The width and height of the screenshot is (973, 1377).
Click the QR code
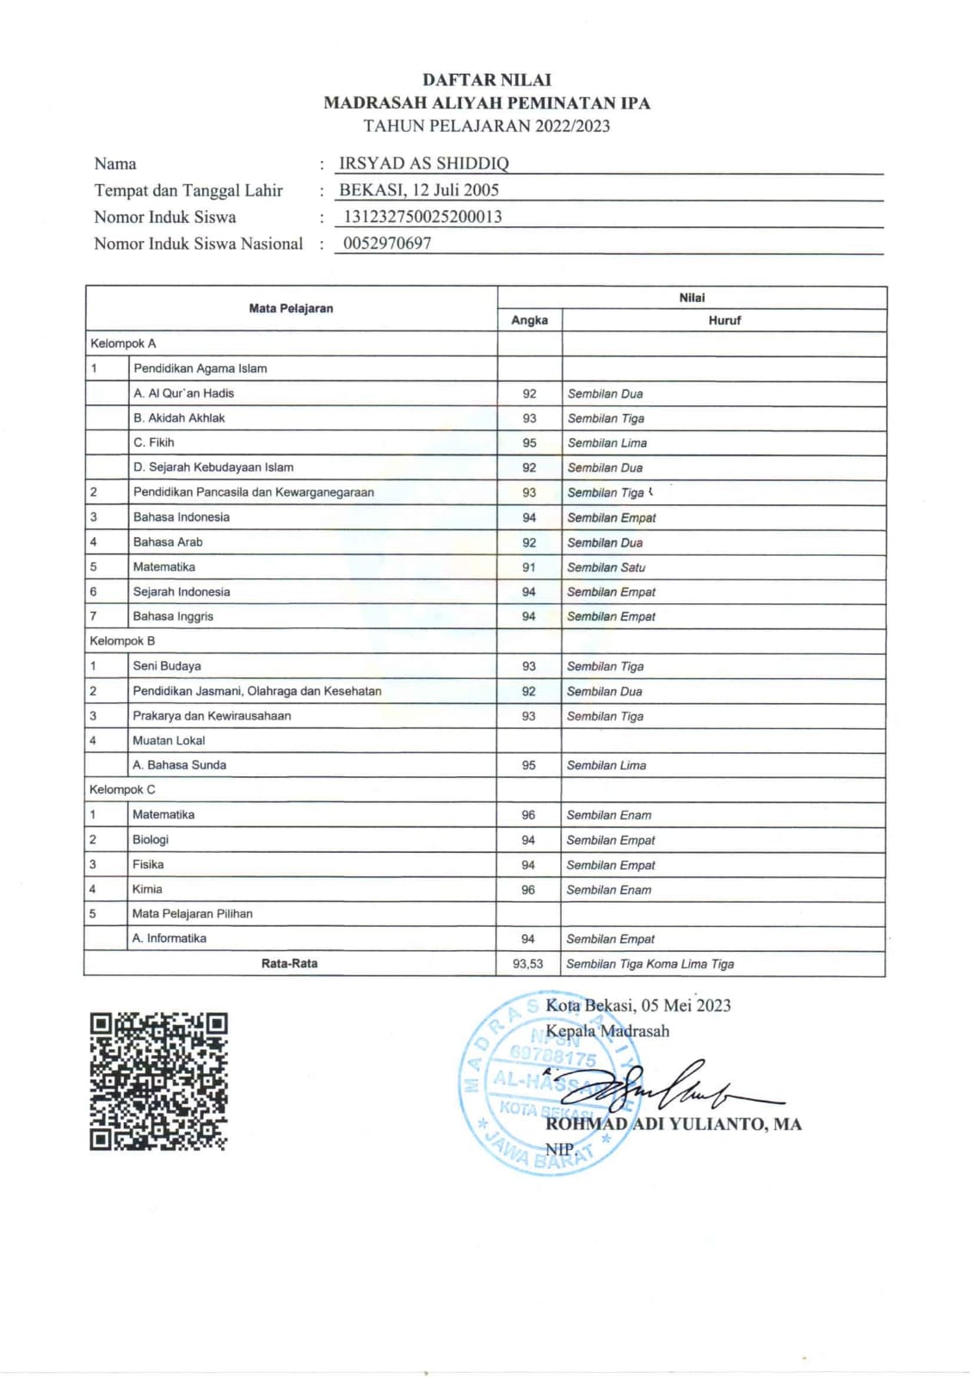point(158,1081)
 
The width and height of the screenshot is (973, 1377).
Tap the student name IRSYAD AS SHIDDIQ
point(423,164)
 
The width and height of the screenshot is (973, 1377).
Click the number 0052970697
point(387,244)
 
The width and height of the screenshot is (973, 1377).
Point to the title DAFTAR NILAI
point(486,80)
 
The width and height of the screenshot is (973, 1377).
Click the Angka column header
point(529,320)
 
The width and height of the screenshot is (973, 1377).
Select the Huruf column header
point(724,320)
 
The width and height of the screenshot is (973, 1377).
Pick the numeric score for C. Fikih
point(529,443)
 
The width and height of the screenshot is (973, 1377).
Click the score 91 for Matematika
point(528,567)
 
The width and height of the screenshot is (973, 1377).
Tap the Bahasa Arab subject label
point(168,542)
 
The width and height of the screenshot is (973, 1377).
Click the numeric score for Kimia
point(528,890)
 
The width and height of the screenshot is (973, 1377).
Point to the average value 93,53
point(527,964)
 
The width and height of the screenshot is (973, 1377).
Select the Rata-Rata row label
point(289,964)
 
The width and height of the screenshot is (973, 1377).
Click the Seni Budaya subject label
point(167,666)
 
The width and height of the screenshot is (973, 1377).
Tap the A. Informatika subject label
point(169,939)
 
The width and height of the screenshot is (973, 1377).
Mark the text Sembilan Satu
point(606,568)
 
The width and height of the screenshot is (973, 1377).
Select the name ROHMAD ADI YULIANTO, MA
point(673,1124)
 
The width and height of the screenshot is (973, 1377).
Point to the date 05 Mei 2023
point(686,1005)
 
